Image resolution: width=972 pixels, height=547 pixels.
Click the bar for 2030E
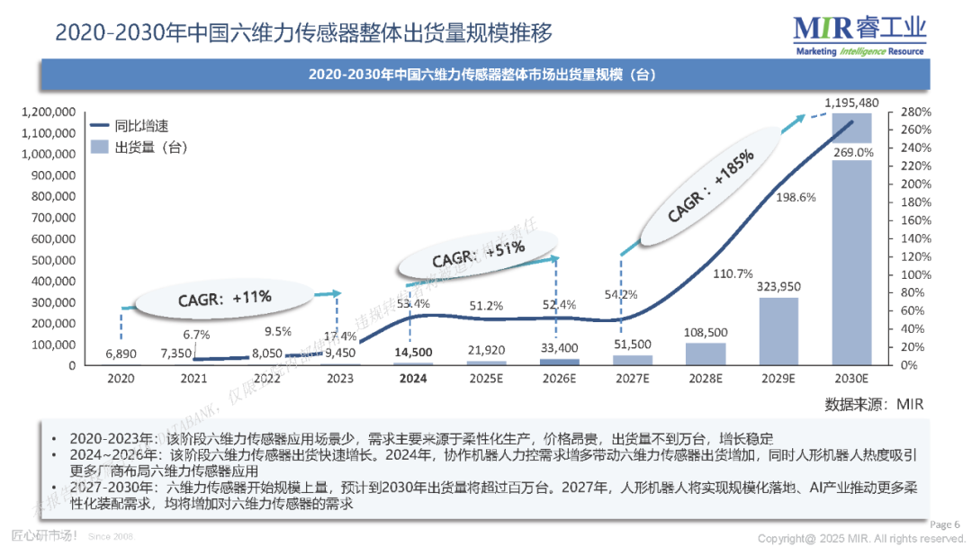[x=851, y=261]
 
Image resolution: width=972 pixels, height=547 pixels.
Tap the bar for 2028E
[x=706, y=354]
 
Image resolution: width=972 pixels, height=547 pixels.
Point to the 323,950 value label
[x=778, y=286]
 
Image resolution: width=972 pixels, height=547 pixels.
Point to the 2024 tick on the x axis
[x=414, y=379]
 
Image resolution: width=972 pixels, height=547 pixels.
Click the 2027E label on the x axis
[x=633, y=379]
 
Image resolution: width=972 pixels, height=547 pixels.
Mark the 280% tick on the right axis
[x=915, y=112]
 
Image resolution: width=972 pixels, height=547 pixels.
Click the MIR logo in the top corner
[x=859, y=34]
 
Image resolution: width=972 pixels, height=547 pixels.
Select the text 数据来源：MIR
[x=875, y=404]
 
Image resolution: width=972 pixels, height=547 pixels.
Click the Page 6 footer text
[x=944, y=525]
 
